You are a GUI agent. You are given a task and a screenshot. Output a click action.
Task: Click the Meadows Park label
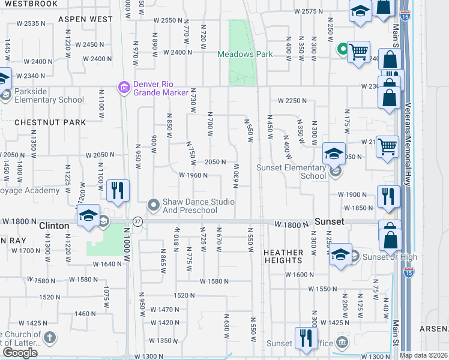click(246, 54)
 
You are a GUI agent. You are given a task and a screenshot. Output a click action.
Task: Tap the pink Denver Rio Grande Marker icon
click(125, 88)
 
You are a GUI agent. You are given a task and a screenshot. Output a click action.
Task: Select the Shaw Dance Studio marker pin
click(154, 206)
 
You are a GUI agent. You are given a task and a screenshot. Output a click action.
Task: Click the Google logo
click(20, 352)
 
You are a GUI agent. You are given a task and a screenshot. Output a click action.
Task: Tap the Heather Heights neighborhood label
click(283, 257)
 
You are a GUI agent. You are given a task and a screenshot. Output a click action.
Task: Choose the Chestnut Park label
click(50, 122)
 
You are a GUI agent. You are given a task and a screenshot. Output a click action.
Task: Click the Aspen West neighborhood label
click(85, 20)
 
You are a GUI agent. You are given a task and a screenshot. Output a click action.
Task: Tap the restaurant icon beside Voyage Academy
click(118, 191)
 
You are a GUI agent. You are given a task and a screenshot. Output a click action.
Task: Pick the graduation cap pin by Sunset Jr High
click(340, 255)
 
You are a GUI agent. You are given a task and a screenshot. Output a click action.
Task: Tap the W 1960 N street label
click(193, 176)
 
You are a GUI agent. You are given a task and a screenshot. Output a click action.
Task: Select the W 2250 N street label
click(292, 101)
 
